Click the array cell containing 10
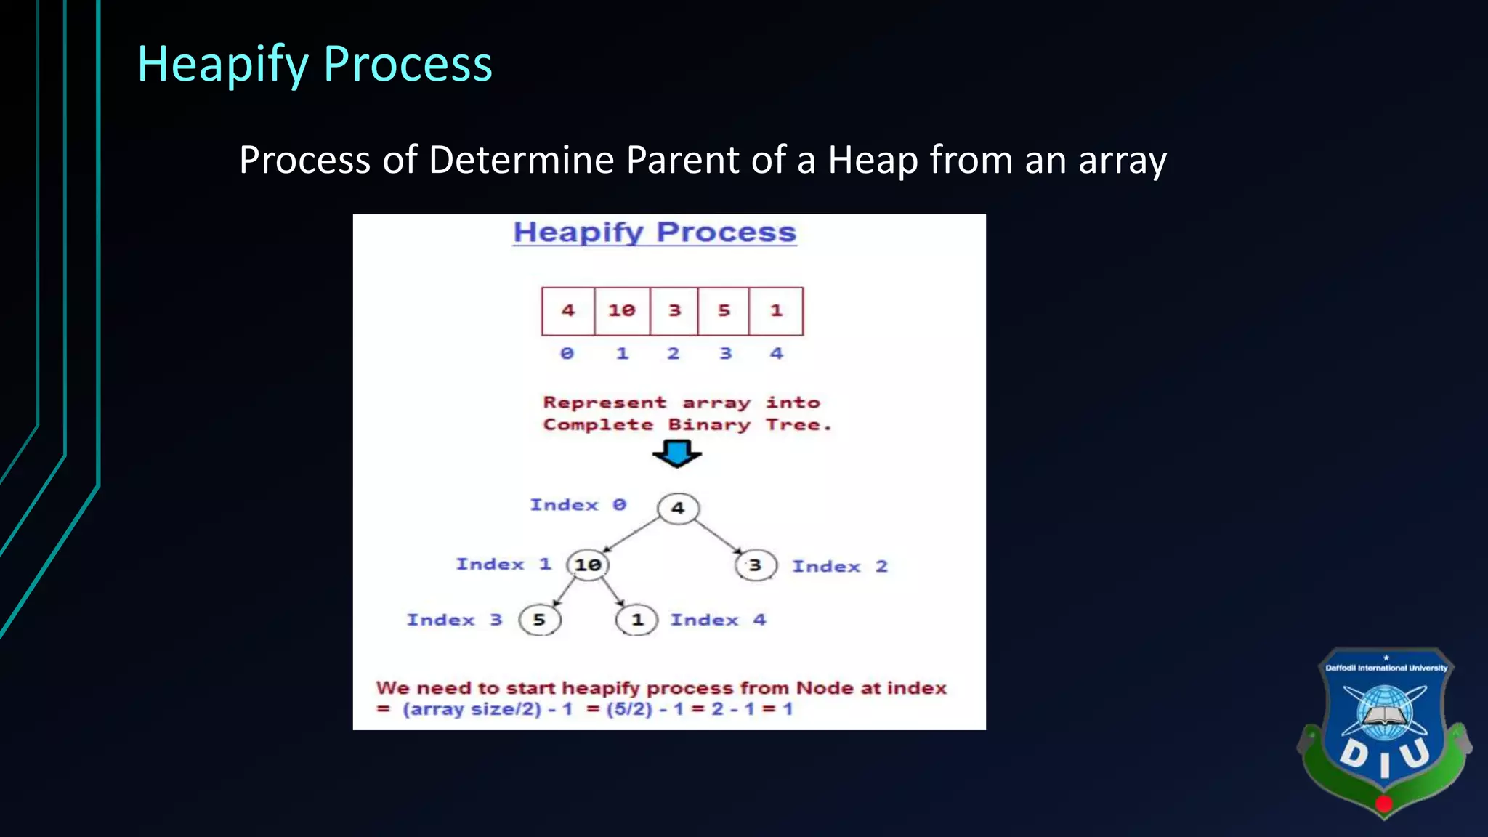pos(622,311)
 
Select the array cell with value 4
pos(568,311)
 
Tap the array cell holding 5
pos(724,311)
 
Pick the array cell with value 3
pos(674,311)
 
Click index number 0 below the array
pos(567,354)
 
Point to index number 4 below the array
pos(777,354)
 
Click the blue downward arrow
pos(677,454)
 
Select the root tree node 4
pos(678,508)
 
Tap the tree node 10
pos(588,565)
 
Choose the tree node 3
pos(756,565)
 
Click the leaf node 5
pos(539,620)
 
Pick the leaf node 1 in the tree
pos(637,620)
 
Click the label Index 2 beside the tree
pos(840,567)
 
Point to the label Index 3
pos(454,620)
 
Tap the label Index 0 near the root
pos(578,505)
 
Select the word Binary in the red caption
pos(709,425)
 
